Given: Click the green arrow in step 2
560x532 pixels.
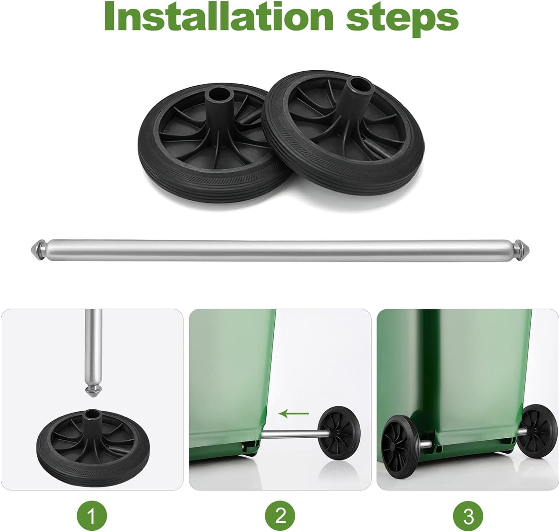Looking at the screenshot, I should [294, 414].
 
